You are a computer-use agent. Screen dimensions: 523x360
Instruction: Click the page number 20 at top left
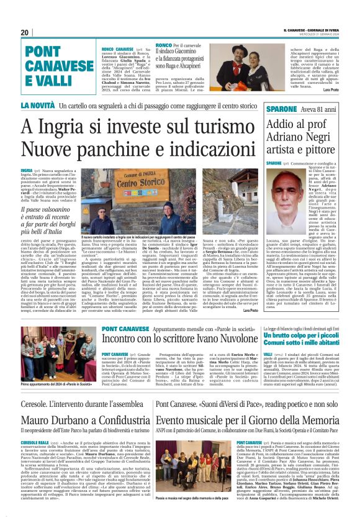(25, 32)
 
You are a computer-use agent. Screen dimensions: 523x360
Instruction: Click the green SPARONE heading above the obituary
(281, 109)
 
